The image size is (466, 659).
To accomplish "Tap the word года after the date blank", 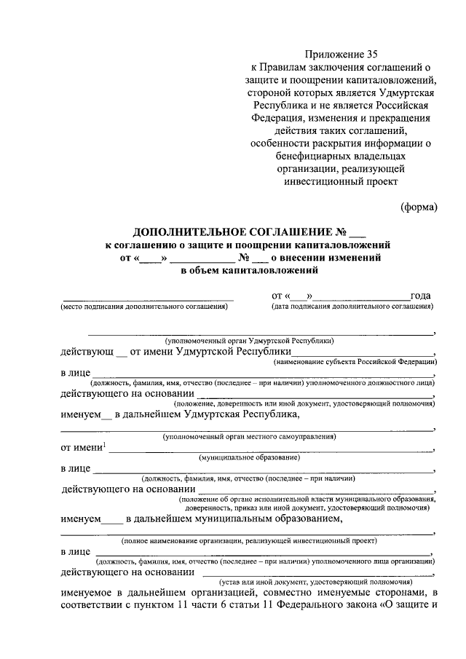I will click(420, 296).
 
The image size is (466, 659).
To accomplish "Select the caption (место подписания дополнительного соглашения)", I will click(145, 307).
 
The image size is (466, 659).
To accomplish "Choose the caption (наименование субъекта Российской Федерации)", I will click(355, 362).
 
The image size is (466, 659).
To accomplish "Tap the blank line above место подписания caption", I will click(149, 299).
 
